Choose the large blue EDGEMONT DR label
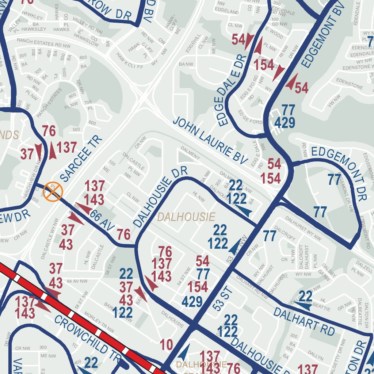(339, 174)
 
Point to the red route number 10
(167, 344)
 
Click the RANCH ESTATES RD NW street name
(44, 43)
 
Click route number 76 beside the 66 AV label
(124, 234)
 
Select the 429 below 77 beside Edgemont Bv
(285, 123)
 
